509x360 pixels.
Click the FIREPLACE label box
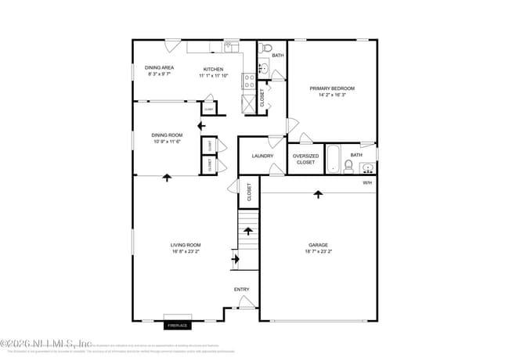coord(178,324)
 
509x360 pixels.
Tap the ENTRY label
coord(242,290)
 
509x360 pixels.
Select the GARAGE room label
coord(318,245)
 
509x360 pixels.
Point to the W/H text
coord(366,183)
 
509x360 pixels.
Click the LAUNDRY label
coord(262,156)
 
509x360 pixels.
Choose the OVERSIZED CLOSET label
coord(305,159)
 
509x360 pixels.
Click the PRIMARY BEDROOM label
coord(332,88)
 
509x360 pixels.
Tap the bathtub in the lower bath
coord(332,160)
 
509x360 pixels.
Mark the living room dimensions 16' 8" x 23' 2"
coord(186,252)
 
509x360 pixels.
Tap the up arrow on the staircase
coord(248,231)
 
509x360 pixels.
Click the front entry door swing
coord(247,303)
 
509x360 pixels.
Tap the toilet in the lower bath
coord(348,165)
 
